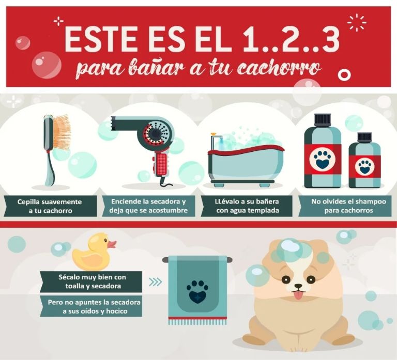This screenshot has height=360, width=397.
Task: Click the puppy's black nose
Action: (298, 286)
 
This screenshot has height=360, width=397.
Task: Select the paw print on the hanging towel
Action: (197, 291)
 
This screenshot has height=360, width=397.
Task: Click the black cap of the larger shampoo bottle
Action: (323, 119)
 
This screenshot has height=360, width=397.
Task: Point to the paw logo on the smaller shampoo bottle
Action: (364, 166)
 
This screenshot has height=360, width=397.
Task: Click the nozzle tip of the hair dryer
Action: (113, 123)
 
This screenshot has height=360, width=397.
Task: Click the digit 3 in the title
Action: (327, 39)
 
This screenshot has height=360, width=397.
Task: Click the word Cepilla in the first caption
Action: (28, 202)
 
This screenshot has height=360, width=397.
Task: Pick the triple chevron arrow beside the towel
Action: (155, 281)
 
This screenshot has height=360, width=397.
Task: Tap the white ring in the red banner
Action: (344, 74)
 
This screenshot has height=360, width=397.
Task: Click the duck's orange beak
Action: (112, 244)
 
